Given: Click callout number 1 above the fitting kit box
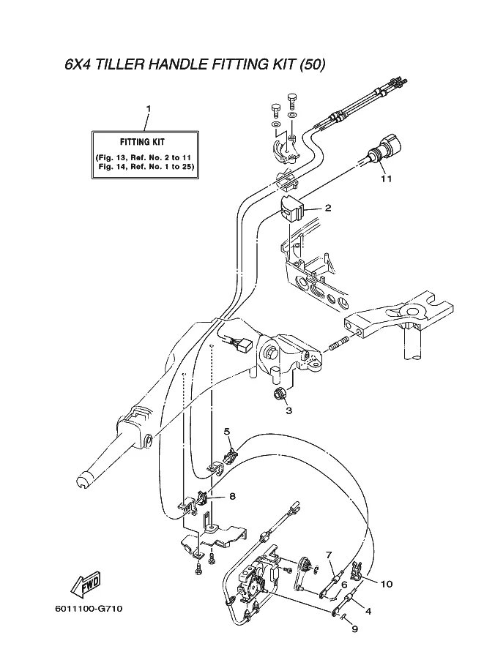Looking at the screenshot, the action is [x=149, y=109].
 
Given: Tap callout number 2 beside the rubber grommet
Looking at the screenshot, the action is [x=328, y=208].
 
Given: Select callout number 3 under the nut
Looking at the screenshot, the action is [x=288, y=411].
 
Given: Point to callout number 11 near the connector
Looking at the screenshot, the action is [x=387, y=179].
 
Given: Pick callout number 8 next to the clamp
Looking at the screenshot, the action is [x=232, y=496].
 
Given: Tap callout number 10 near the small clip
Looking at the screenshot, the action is [x=387, y=584].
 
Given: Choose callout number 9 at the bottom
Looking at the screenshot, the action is [x=354, y=628].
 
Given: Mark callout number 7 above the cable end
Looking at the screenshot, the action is [x=328, y=555].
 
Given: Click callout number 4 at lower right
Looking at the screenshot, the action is [x=368, y=612].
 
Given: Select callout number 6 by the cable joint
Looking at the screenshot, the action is [x=344, y=585].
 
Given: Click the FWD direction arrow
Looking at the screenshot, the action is [x=85, y=584].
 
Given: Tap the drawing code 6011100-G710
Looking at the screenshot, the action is [x=89, y=608].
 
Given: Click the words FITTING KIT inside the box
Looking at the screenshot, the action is [x=142, y=142].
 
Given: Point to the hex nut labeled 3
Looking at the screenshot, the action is [x=280, y=394].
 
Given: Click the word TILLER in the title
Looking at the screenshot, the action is [x=119, y=64].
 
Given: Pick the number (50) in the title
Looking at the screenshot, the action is [x=312, y=64].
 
